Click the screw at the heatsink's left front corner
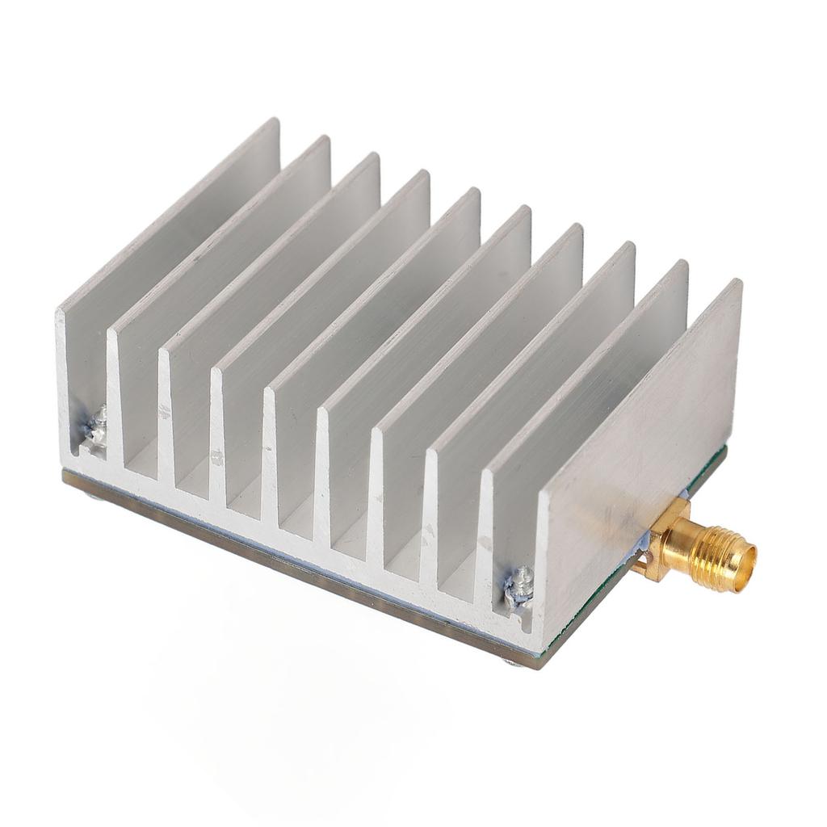click(x=97, y=426)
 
